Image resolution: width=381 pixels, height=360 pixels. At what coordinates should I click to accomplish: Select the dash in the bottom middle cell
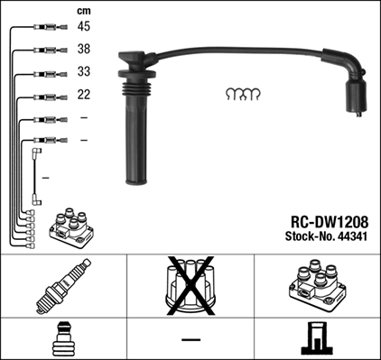(x=190, y=340)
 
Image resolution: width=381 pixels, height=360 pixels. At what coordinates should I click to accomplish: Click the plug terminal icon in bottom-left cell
(x=63, y=340)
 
